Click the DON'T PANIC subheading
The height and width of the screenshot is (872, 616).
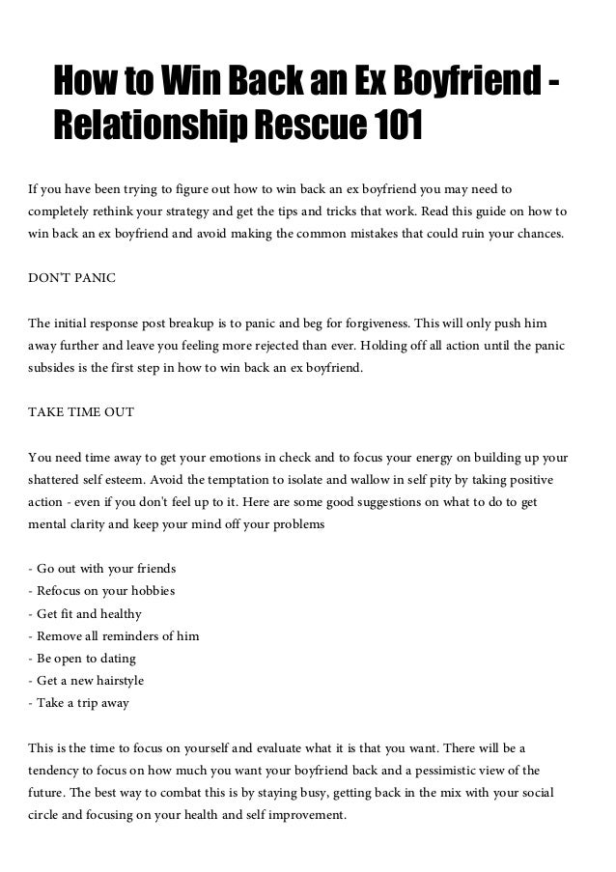pyautogui.click(x=72, y=277)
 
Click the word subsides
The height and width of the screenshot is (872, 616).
pyautogui.click(x=55, y=367)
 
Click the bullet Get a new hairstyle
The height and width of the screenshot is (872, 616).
pyautogui.click(x=91, y=680)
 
